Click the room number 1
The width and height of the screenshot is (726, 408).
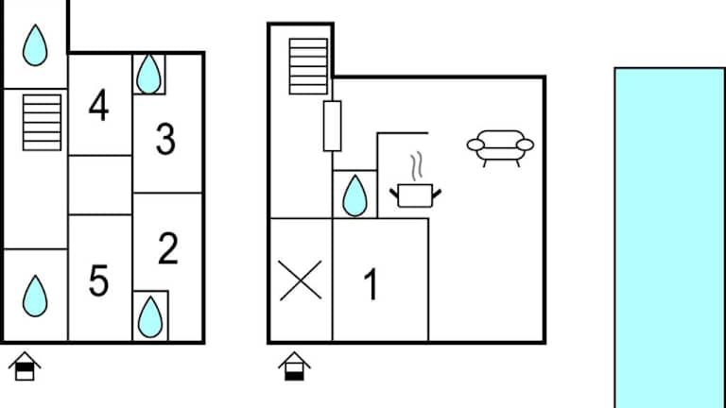tap(371, 284)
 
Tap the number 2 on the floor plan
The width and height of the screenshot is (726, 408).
tap(168, 248)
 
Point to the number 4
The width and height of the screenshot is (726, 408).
tap(99, 105)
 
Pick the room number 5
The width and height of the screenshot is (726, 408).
tap(98, 280)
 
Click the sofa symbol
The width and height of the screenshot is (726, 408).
tap(500, 148)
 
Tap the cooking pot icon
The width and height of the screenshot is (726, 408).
tap(415, 195)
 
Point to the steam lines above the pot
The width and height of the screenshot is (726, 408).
tap(417, 166)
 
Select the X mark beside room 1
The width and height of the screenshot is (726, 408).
tap(301, 280)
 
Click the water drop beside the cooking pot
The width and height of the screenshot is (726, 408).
tap(355, 195)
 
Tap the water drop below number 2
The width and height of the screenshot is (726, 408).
tap(150, 317)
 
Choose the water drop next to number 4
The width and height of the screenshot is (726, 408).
tap(148, 74)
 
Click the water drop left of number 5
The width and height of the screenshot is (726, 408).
tap(35, 296)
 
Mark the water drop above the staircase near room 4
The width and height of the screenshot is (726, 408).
tap(35, 45)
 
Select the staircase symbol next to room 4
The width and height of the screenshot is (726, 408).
tap(43, 123)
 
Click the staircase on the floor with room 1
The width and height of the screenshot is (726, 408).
tap(308, 67)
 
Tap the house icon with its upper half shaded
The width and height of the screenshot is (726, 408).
tap(25, 365)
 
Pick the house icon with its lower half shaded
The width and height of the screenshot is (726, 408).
tap(295, 365)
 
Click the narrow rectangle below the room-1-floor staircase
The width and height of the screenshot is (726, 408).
tap(333, 126)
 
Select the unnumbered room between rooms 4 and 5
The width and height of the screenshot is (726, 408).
tap(100, 185)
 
